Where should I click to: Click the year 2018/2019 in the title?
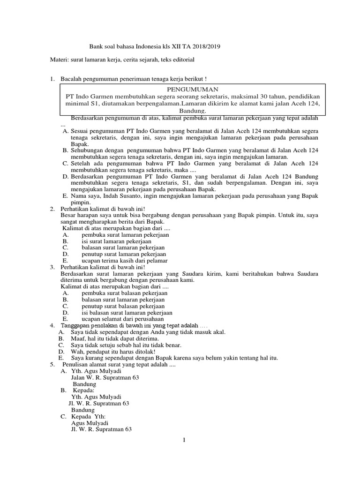(x=206, y=47)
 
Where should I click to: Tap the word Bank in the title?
(x=96, y=47)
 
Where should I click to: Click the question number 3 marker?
(x=52, y=267)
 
